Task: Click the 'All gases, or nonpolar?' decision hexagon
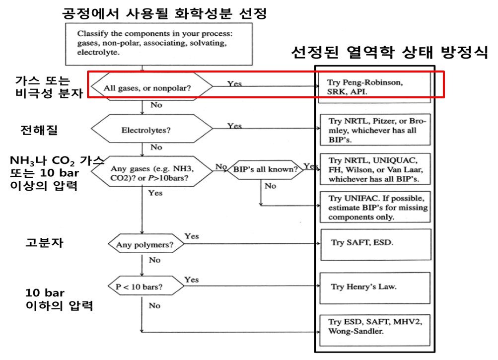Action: pyautogui.click(x=149, y=89)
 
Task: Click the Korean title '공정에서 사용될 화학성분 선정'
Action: pyautogui.click(x=164, y=13)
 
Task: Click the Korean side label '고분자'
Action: pyautogui.click(x=44, y=243)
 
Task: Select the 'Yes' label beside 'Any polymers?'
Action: pyautogui.click(x=191, y=236)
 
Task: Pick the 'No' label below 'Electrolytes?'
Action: pyautogui.click(x=156, y=147)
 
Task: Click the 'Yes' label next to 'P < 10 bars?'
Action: pyautogui.click(x=191, y=280)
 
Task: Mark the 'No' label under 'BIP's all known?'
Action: pyautogui.click(x=270, y=186)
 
